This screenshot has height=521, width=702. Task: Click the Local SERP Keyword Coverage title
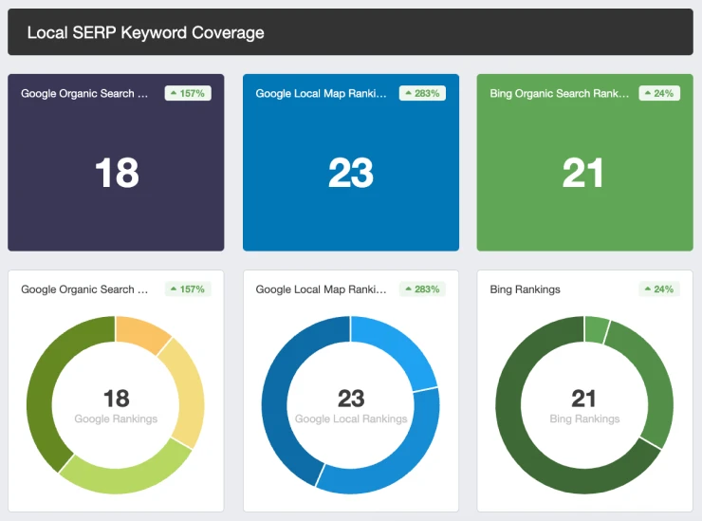tap(145, 32)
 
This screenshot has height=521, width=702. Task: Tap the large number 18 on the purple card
tap(117, 174)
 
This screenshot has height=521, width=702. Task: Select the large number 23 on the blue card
tap(351, 174)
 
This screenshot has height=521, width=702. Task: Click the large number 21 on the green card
tap(583, 174)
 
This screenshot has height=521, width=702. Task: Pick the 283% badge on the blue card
tap(420, 93)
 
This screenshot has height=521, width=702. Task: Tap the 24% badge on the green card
tap(659, 93)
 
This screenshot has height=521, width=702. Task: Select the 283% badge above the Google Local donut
tap(420, 288)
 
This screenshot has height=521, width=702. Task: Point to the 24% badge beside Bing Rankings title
tap(659, 288)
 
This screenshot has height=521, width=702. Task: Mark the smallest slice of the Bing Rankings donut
tap(596, 329)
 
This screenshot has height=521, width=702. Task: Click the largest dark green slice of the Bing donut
tap(531, 437)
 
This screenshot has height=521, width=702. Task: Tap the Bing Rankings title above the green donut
tap(525, 289)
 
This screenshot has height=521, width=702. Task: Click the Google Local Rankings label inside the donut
tap(351, 419)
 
